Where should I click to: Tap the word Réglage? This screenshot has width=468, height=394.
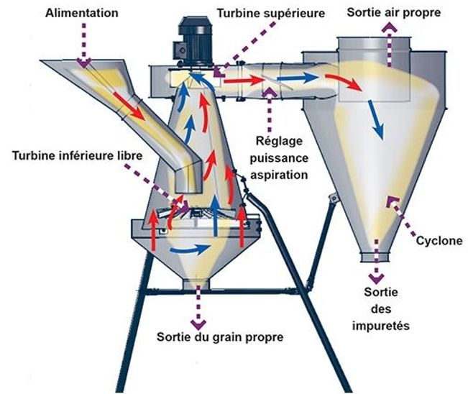[x=280, y=141]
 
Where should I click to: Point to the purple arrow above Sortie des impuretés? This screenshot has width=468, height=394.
[x=376, y=276]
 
